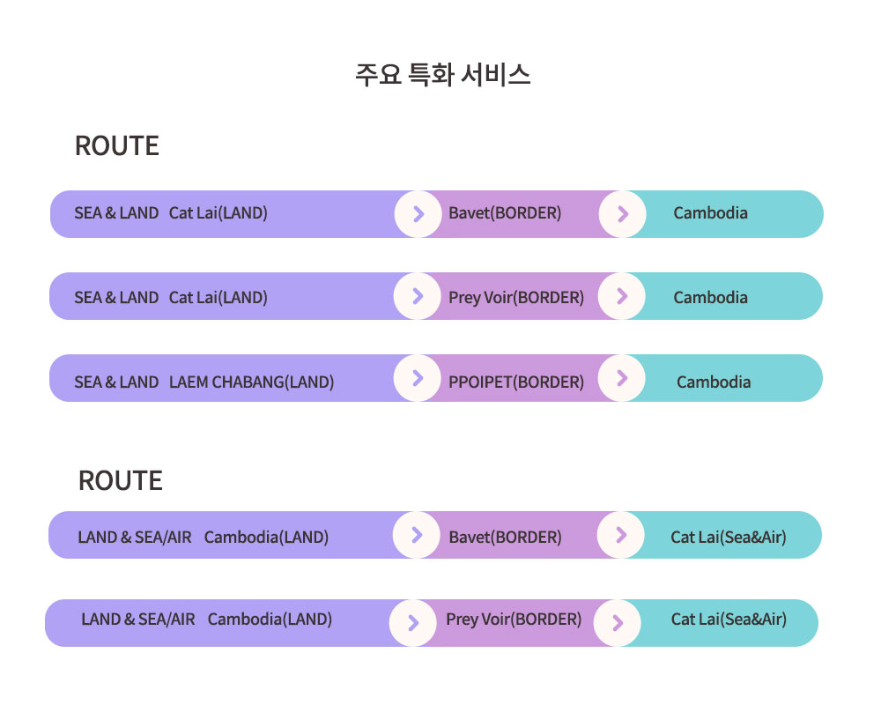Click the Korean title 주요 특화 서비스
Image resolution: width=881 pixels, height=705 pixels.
pyautogui.click(x=443, y=75)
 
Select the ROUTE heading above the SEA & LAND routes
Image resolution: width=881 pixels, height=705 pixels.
pyautogui.click(x=117, y=146)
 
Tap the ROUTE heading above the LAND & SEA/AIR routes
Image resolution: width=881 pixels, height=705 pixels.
pyautogui.click(x=120, y=481)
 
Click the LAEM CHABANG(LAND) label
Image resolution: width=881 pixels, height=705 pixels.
pyautogui.click(x=252, y=382)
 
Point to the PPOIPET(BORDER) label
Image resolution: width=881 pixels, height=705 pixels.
pyautogui.click(x=516, y=382)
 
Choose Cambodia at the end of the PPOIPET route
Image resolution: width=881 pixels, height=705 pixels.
pyautogui.click(x=714, y=382)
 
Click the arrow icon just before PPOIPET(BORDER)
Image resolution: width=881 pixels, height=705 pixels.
pyautogui.click(x=418, y=378)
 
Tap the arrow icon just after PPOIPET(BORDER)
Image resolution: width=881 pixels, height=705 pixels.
pyautogui.click(x=621, y=378)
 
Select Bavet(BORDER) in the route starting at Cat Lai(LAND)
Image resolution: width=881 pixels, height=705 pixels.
pyautogui.click(x=505, y=213)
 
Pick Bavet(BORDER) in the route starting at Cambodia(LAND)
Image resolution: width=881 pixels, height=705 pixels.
pyautogui.click(x=505, y=538)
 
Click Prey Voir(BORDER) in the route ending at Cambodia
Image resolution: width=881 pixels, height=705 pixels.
pyautogui.click(x=516, y=297)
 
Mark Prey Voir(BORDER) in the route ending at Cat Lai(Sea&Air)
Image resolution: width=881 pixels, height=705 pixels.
pyautogui.click(x=514, y=620)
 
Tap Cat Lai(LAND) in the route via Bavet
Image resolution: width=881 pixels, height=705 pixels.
pyautogui.click(x=218, y=213)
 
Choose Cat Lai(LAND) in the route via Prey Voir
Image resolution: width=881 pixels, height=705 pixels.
pyautogui.click(x=218, y=297)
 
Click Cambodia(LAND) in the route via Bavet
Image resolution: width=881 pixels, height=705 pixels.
pyautogui.click(x=266, y=538)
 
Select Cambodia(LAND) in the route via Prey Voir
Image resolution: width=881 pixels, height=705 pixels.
pyautogui.click(x=270, y=620)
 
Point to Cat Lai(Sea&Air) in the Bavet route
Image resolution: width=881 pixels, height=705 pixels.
pyautogui.click(x=729, y=538)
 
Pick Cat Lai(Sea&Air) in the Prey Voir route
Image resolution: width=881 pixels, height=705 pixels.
pyautogui.click(x=729, y=620)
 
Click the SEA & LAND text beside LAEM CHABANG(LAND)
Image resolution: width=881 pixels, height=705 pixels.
pyautogui.click(x=116, y=382)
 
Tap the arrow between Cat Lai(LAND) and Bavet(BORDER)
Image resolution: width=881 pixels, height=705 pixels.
pyautogui.click(x=418, y=213)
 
